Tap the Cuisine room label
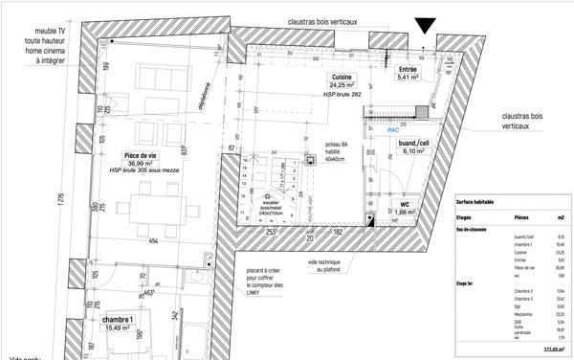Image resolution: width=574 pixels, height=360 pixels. point(342,77)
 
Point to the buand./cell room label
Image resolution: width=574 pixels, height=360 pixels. point(415,144)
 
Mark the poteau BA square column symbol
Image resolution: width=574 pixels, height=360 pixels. point(310,162)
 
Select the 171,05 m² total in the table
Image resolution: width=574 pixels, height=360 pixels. point(553,349)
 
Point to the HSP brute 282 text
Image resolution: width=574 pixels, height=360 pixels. point(342,97)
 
